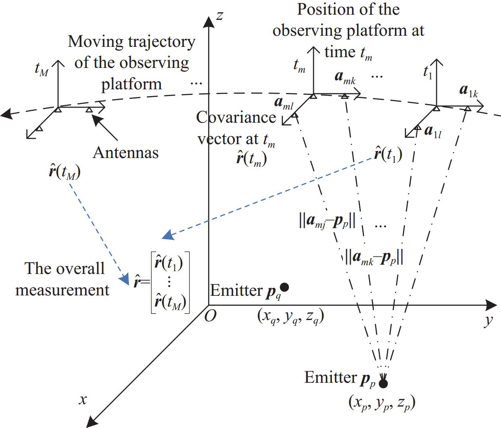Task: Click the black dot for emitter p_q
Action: (284, 287)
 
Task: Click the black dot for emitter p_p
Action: (383, 384)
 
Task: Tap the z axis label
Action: (219, 16)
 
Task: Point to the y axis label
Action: (489, 320)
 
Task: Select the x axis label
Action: (83, 399)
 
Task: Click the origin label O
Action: (210, 316)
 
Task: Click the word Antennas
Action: (126, 152)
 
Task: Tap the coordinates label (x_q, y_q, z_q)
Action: (290, 316)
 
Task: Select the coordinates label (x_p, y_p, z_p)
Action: (382, 403)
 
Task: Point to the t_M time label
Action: (41, 69)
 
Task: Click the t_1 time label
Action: (427, 72)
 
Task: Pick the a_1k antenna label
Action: (468, 91)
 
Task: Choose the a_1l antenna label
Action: (433, 131)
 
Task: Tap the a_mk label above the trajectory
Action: (345, 77)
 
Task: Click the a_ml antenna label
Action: (284, 103)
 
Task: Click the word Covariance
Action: (236, 118)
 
